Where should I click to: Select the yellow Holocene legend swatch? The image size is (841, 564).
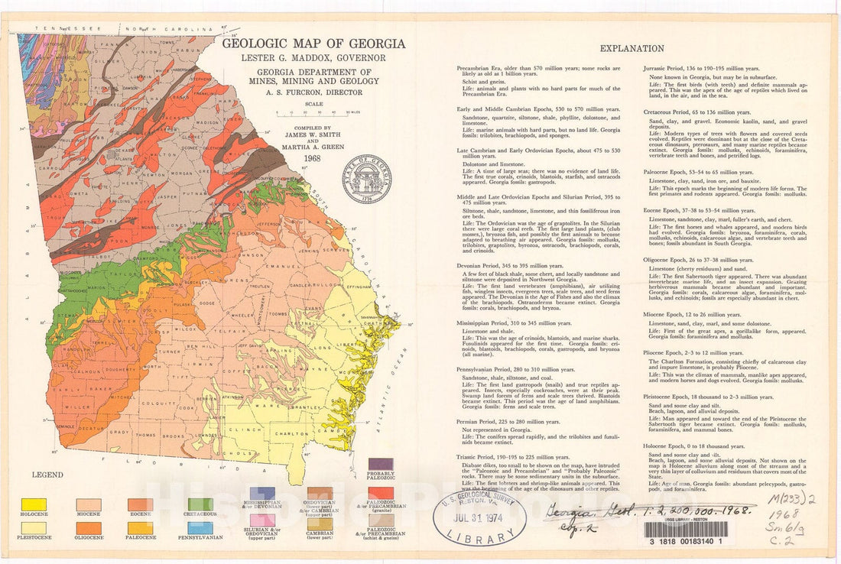(x=34, y=504)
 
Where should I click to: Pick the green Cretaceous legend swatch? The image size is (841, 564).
(x=200, y=504)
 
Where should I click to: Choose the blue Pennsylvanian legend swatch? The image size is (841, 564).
(x=200, y=527)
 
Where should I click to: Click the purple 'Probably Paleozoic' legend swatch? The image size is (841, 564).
(x=380, y=465)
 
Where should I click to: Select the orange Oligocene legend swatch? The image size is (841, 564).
(x=89, y=527)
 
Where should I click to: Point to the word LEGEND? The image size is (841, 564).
(x=47, y=475)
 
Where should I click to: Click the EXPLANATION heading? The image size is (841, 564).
(x=632, y=48)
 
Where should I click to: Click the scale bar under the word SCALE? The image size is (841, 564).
(x=304, y=112)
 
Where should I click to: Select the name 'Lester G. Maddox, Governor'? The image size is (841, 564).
(x=304, y=58)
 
